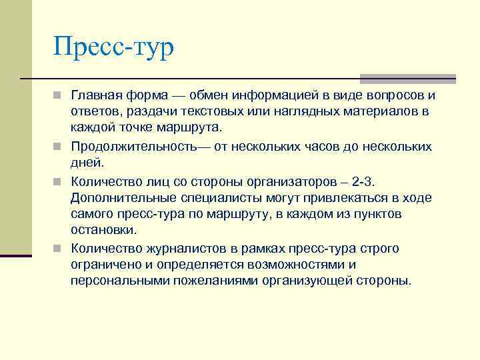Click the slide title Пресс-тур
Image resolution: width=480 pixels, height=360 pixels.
click(x=113, y=48)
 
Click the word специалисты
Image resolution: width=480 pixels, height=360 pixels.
click(x=219, y=198)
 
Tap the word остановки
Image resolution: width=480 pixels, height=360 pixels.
click(x=103, y=229)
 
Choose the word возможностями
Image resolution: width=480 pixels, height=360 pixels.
click(x=295, y=265)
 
